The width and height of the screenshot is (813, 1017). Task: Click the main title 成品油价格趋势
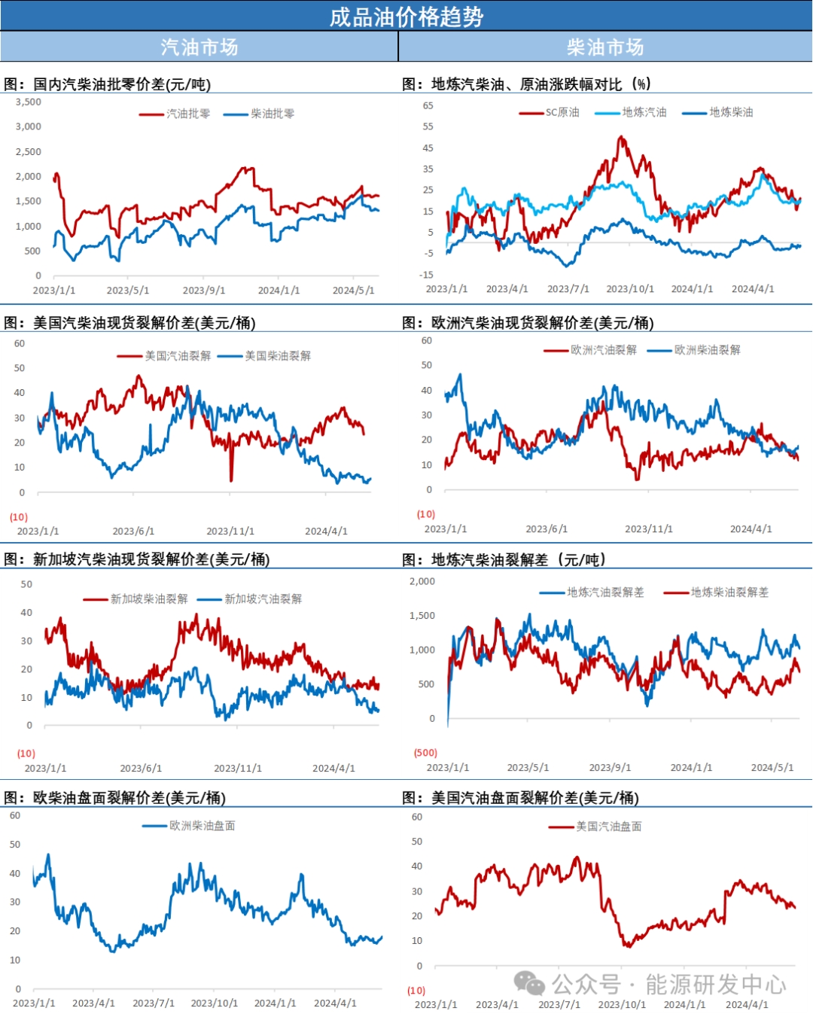click(406, 17)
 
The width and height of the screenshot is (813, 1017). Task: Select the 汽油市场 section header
click(199, 47)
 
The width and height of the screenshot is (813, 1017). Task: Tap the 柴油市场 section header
click(605, 47)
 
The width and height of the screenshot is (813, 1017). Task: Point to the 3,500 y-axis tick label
click(29, 102)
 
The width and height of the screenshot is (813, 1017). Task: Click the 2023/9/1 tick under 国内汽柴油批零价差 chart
click(203, 290)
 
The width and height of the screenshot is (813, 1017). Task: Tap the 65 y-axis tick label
click(428, 105)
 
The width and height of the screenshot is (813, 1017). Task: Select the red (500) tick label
click(425, 753)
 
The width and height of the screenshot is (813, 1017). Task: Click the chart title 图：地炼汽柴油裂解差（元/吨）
click(504, 559)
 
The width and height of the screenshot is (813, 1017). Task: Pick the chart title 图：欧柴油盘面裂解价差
click(114, 798)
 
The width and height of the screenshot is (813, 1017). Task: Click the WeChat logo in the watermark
click(529, 983)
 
